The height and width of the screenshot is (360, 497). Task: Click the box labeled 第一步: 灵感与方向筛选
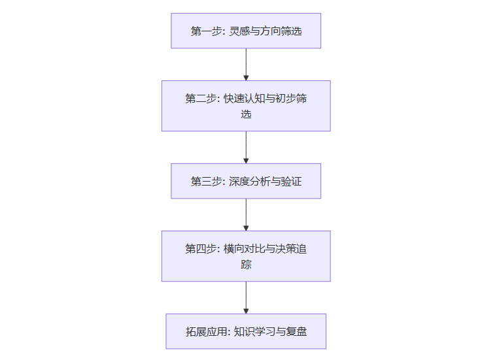click(246, 31)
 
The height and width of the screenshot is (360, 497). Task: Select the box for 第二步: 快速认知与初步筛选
click(246, 106)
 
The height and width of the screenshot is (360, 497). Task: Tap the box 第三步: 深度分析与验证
click(246, 181)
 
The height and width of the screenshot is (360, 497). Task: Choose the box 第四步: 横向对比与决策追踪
click(246, 256)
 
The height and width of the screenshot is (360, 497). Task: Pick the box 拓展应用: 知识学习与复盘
click(246, 331)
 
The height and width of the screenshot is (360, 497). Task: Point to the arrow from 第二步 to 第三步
click(246, 147)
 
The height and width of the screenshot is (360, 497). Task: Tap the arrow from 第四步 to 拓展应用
click(246, 297)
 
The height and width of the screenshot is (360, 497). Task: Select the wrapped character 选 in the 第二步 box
click(246, 114)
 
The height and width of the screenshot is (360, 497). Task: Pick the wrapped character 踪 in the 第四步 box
click(246, 265)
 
